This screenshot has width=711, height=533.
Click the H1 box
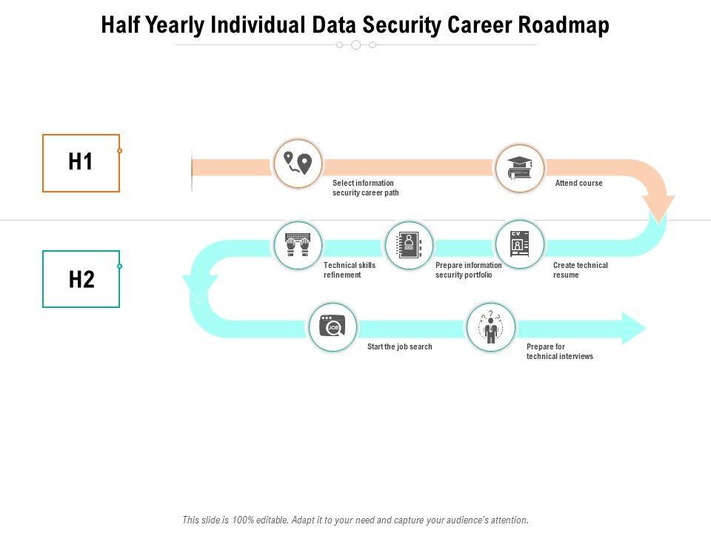(x=81, y=163)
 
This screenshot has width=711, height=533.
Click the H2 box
(x=81, y=279)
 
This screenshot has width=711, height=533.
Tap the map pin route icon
(x=298, y=164)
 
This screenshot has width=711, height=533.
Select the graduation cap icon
(x=519, y=168)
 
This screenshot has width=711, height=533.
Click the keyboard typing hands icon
(x=298, y=244)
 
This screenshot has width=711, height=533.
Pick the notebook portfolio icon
(x=409, y=244)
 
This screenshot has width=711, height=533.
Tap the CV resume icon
(x=519, y=244)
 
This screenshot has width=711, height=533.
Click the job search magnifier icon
(x=333, y=326)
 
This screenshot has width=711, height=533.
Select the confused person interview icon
(x=490, y=326)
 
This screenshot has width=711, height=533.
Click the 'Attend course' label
(x=578, y=183)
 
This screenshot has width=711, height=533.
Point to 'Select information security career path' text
(x=365, y=188)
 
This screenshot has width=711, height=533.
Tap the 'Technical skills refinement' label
(x=350, y=270)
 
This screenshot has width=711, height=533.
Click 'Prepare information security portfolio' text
(x=468, y=270)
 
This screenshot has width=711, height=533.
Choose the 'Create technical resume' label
(x=580, y=270)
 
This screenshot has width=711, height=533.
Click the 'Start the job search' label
(x=399, y=346)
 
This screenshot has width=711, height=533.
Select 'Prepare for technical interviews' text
(x=559, y=352)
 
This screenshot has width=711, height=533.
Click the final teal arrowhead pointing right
(x=632, y=328)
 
